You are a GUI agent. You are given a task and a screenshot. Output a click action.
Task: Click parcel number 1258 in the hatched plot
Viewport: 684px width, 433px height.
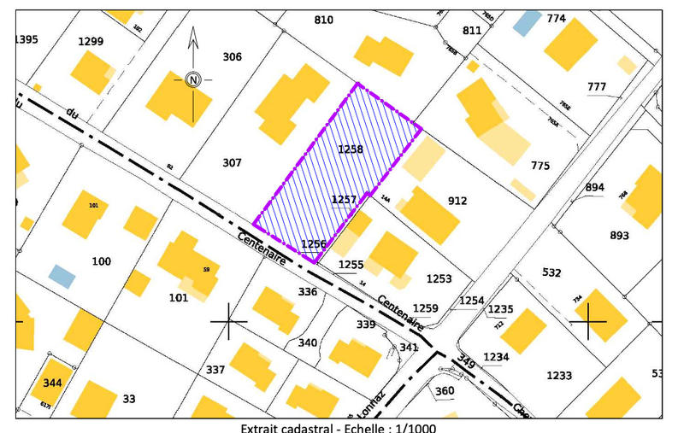(351, 149)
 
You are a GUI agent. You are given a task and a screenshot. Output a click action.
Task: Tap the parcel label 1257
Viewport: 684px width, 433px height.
(344, 199)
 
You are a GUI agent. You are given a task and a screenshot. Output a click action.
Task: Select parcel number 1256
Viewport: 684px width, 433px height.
(314, 244)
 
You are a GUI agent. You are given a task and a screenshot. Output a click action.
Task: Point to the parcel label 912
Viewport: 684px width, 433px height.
(457, 202)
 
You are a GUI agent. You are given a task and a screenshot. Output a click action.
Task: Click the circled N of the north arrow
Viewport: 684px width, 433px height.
(193, 79)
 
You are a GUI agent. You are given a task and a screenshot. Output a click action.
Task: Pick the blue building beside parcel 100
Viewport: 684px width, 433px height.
(62, 275)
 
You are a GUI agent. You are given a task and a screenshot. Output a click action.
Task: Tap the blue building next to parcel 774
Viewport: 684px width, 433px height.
(527, 22)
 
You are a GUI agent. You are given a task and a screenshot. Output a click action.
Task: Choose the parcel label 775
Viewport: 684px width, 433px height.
(540, 166)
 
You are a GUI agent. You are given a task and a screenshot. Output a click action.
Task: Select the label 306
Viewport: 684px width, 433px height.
(232, 57)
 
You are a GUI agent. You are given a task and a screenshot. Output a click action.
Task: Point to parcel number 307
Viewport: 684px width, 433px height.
(232, 162)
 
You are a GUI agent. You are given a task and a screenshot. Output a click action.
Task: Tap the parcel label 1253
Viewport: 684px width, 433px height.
(439, 279)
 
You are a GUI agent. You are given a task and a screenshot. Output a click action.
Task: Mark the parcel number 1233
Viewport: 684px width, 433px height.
(559, 376)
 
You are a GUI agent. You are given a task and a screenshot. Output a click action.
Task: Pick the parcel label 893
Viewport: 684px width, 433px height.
(620, 236)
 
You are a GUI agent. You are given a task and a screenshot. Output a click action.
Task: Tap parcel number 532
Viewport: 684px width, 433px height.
(551, 273)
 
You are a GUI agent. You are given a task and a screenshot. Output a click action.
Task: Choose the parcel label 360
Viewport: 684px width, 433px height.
(445, 391)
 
